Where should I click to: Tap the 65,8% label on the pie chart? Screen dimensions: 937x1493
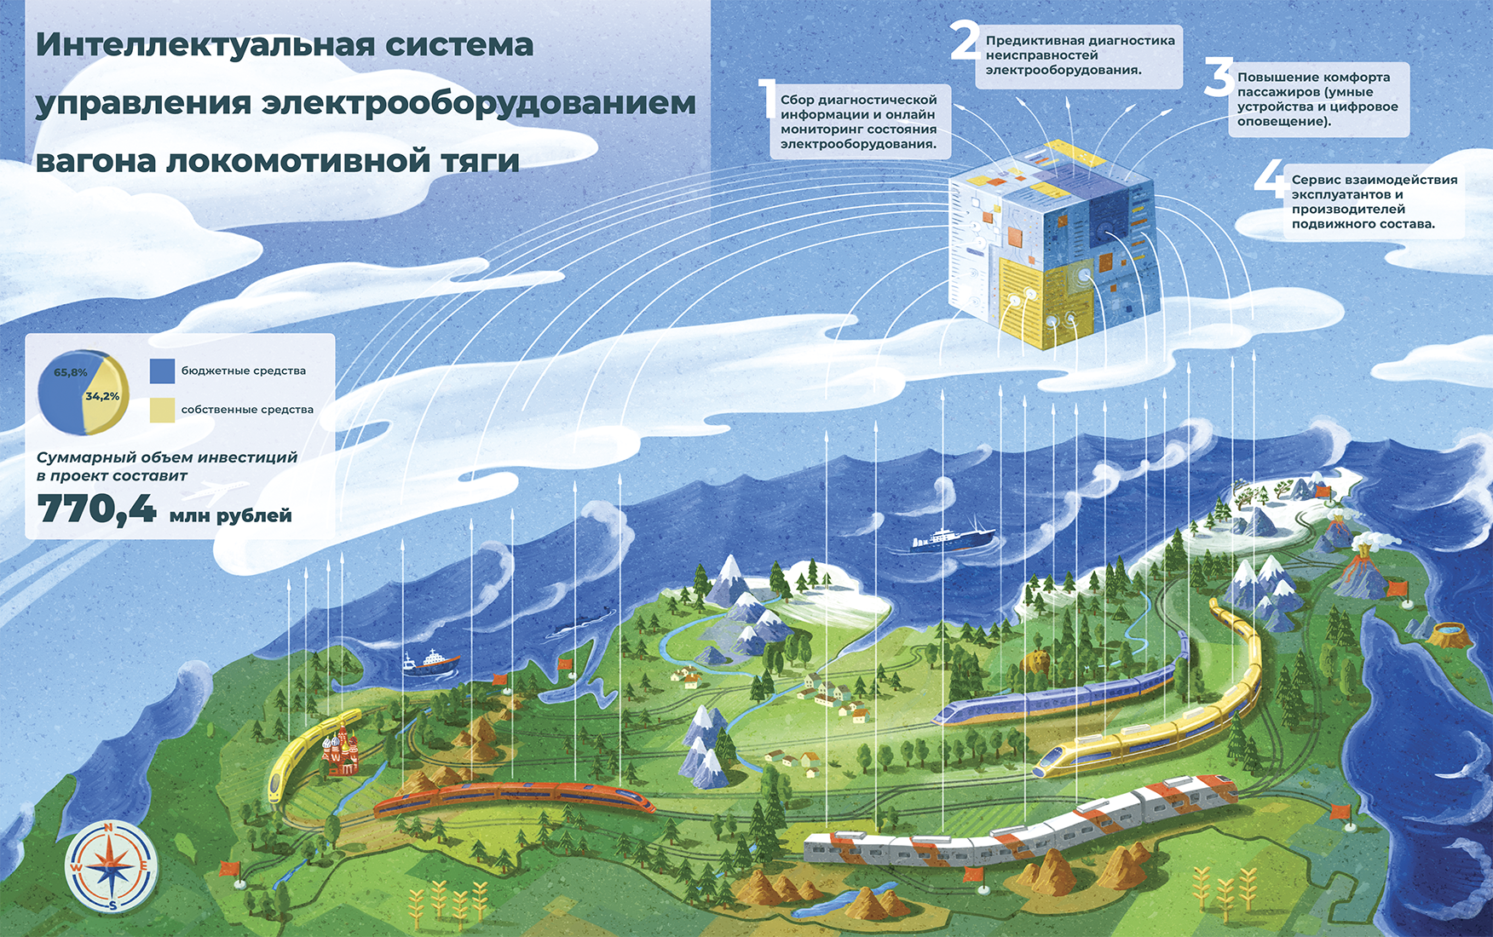tap(71, 372)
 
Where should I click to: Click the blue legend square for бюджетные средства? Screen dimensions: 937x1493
tap(162, 371)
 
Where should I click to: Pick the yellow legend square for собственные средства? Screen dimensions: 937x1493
tap(162, 410)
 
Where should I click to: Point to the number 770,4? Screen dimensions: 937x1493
tap(96, 509)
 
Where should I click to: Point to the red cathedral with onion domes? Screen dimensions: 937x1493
tap(338, 753)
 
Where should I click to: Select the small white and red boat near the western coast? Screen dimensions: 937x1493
tap(430, 662)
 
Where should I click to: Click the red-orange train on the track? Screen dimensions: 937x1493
tap(511, 796)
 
